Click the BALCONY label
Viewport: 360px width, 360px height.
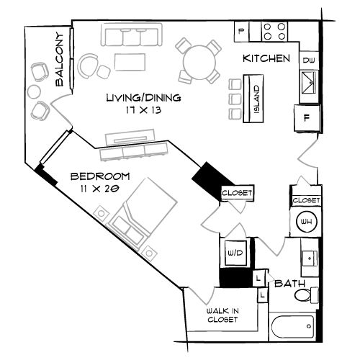[59, 59]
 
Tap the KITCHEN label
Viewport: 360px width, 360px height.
[266, 58]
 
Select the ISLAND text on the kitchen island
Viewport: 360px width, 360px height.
[256, 99]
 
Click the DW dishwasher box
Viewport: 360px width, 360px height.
[309, 60]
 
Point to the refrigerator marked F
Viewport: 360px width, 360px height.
[307, 118]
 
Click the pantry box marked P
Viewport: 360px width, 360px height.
[242, 32]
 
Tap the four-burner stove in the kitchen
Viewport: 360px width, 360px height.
[274, 32]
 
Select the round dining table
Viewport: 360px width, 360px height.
[199, 62]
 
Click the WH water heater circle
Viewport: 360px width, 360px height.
[307, 222]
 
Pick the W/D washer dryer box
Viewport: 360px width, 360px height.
[235, 253]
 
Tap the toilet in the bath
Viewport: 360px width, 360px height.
[307, 294]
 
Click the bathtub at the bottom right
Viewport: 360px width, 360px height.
[292, 327]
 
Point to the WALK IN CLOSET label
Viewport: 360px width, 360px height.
[222, 315]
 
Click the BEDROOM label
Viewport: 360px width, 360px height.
[100, 176]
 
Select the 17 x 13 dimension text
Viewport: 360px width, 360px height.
[143, 110]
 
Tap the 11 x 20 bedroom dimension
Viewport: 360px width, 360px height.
[100, 189]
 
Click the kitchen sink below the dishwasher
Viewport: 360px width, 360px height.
[308, 83]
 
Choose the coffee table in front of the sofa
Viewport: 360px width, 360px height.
[130, 62]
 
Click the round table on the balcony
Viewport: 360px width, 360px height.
[34, 91]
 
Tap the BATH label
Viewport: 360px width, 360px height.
[289, 284]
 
